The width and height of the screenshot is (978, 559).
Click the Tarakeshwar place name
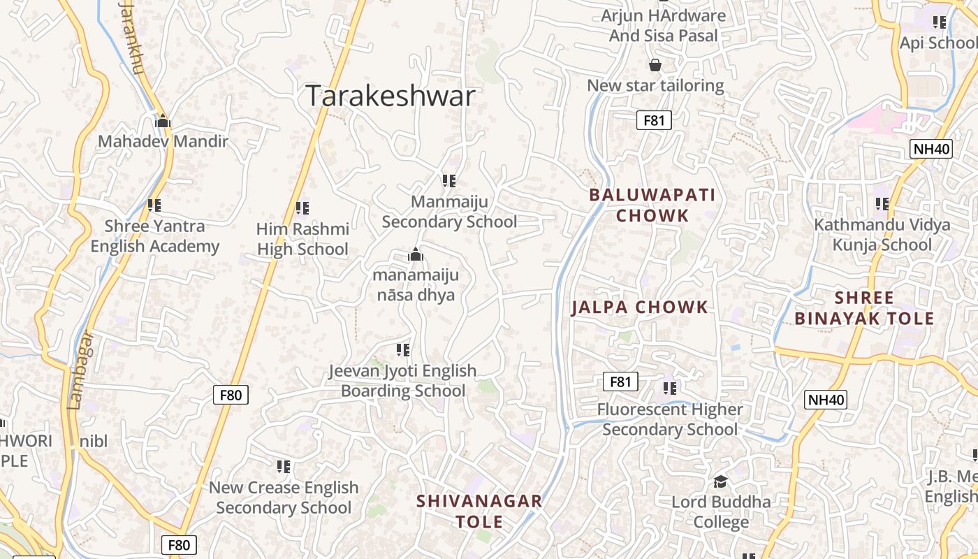coord(391,96)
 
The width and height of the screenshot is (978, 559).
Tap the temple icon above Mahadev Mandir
coord(163,121)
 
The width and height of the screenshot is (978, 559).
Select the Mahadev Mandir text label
coord(163,141)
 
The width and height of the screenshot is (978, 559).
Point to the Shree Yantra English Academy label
coord(154,236)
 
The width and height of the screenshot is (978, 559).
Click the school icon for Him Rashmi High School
coord(302,208)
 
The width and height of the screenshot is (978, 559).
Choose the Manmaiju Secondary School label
coord(449,212)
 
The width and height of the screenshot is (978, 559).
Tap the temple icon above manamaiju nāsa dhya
coord(416,255)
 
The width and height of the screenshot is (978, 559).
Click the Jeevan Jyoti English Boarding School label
coord(402,381)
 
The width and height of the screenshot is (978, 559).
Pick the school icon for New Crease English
coord(283,466)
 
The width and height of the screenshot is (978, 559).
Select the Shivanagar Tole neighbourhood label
coord(479,511)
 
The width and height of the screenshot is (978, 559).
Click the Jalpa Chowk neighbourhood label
coord(639,307)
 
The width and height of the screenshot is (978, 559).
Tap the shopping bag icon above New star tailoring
coord(655,65)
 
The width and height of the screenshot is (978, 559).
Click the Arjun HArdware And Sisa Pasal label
coord(663,25)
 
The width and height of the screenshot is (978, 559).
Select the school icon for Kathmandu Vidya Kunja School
coord(882,204)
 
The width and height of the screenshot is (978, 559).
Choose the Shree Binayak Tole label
coord(864,308)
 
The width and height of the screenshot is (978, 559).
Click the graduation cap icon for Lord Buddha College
coord(720,481)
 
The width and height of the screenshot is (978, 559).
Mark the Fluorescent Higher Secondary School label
coord(670,419)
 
